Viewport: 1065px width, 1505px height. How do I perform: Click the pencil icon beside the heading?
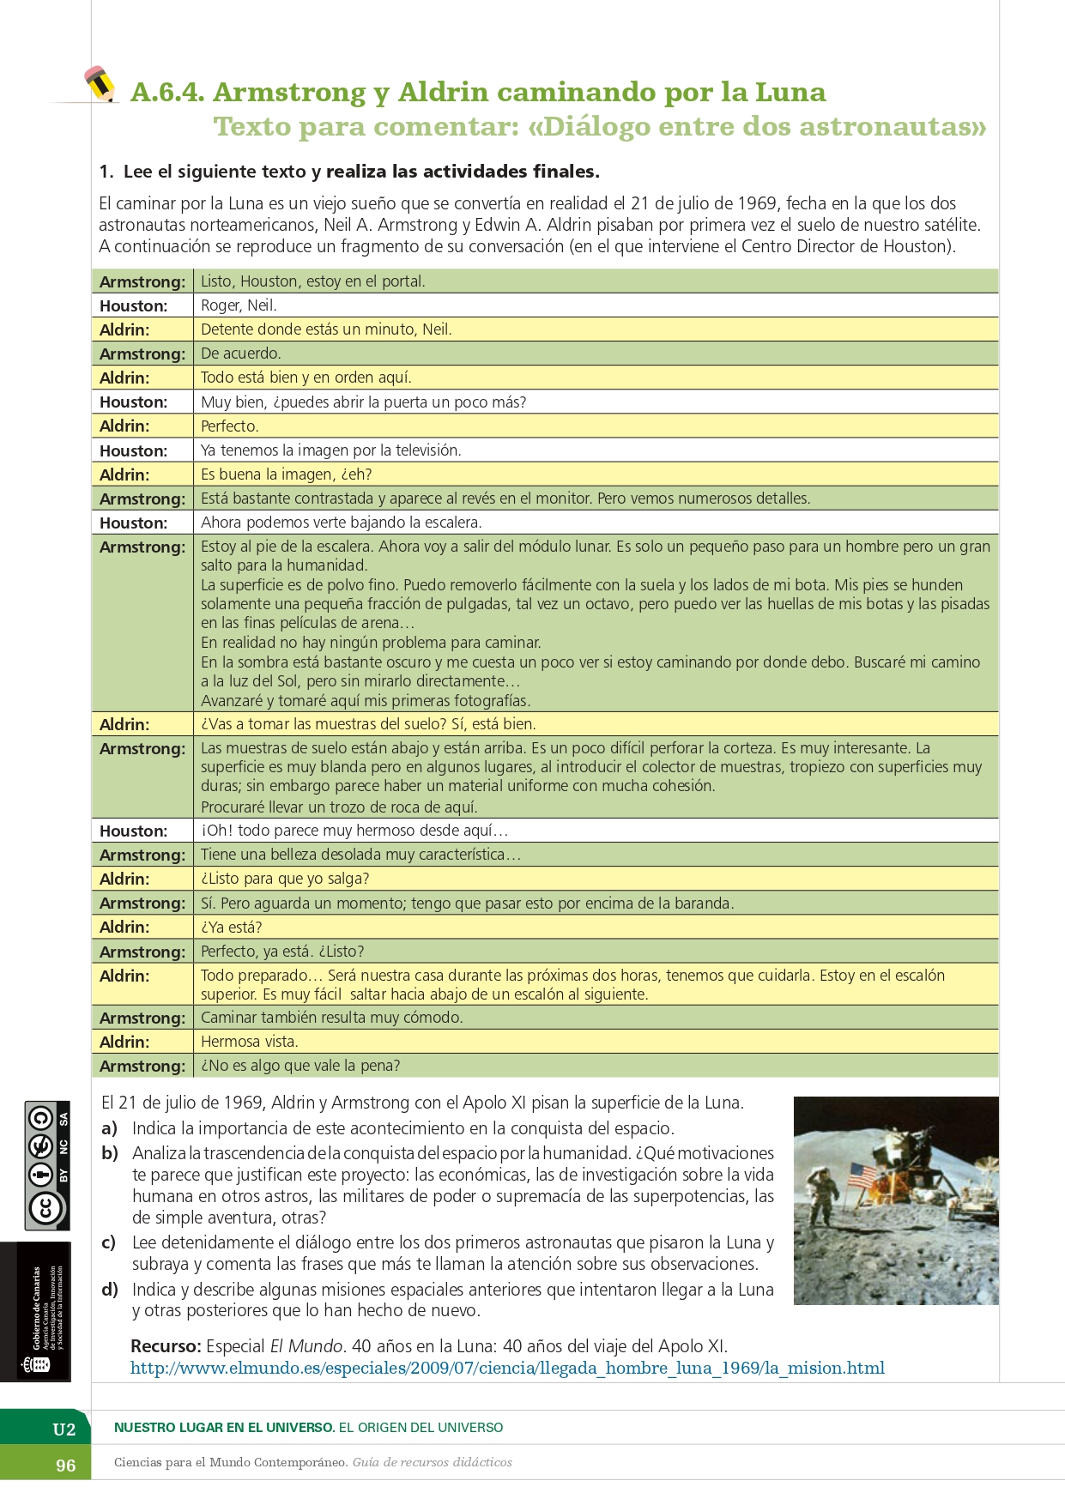(x=100, y=84)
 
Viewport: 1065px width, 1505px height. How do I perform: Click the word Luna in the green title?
(x=790, y=92)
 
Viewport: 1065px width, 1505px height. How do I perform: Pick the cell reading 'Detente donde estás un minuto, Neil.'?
(x=326, y=329)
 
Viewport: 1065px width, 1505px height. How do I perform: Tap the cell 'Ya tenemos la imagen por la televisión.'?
(x=331, y=450)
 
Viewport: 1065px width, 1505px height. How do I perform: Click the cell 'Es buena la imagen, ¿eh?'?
(x=286, y=474)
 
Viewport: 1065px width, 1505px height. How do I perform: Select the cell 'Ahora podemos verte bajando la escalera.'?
(x=341, y=523)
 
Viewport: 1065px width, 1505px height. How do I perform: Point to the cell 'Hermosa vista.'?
(x=249, y=1042)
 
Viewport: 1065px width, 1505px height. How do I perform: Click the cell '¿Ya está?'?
(x=231, y=928)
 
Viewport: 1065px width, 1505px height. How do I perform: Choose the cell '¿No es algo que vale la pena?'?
(x=300, y=1066)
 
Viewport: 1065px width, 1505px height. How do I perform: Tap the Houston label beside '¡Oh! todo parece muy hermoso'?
(x=133, y=831)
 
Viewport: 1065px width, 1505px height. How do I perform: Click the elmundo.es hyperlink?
(x=507, y=1368)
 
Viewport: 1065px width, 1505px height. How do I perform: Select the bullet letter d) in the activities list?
(x=109, y=1290)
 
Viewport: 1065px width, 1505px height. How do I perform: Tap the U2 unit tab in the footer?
(x=64, y=1429)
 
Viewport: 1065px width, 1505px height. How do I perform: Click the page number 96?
(x=66, y=1466)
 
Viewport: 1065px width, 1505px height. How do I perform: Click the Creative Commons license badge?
(x=47, y=1165)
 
